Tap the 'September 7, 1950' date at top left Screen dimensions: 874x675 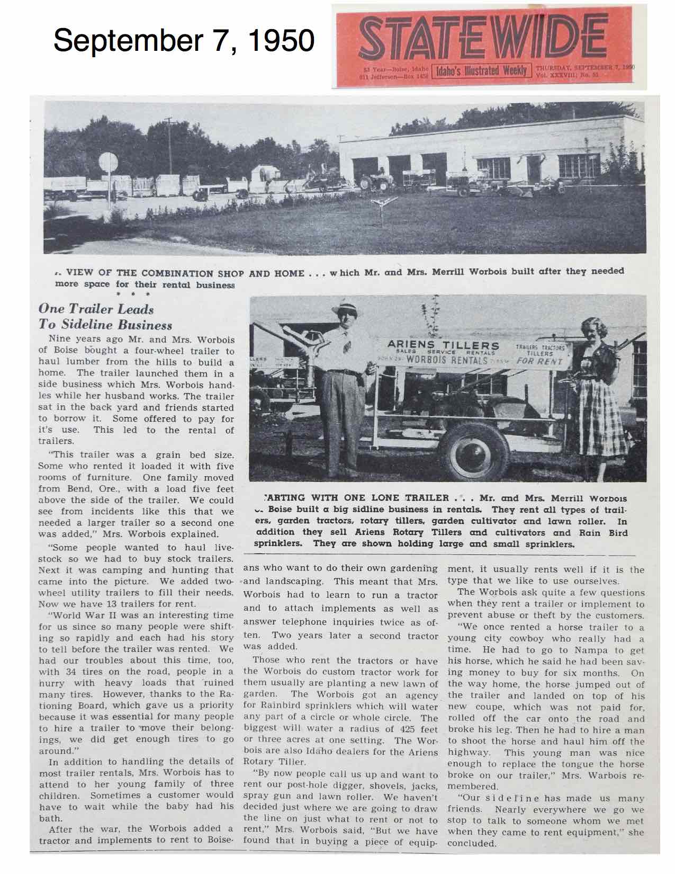pyautogui.click(x=184, y=40)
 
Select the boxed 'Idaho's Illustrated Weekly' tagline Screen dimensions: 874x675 pyautogui.click(x=481, y=70)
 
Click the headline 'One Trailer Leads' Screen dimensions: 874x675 pyautogui.click(x=96, y=309)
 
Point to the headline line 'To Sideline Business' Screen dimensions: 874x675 pyautogui.click(x=105, y=325)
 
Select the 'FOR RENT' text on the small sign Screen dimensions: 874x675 pyautogui.click(x=539, y=361)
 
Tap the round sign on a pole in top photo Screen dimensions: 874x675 pyautogui.click(x=109, y=162)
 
